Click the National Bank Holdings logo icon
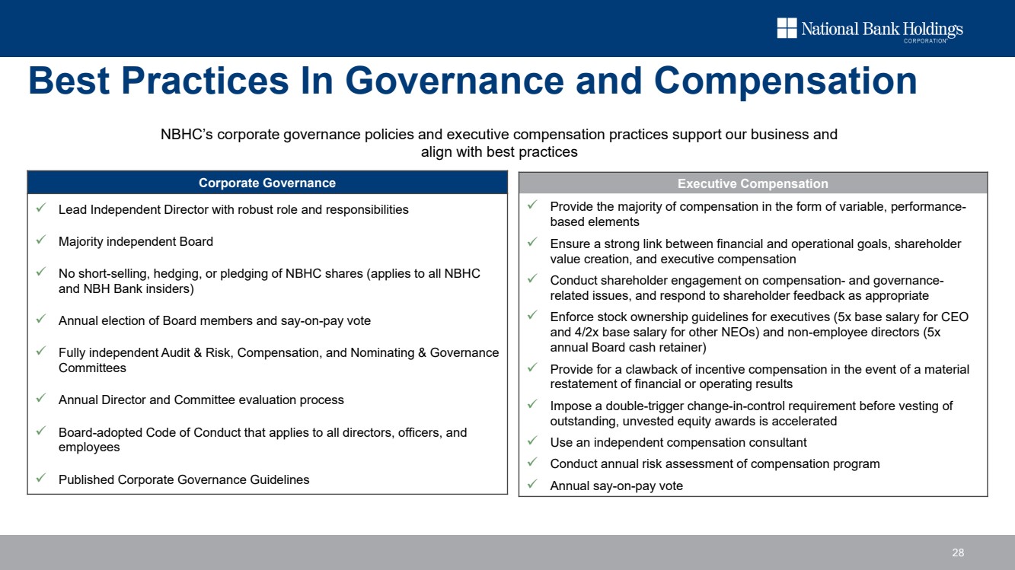pyautogui.click(x=787, y=28)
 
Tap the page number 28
pyautogui.click(x=958, y=552)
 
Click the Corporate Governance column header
pyautogui.click(x=267, y=183)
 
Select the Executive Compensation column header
pyautogui.click(x=752, y=183)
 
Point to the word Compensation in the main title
pyautogui.click(x=785, y=81)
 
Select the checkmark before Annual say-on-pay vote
pyautogui.click(x=532, y=485)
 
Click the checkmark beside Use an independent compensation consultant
pyautogui.click(x=532, y=442)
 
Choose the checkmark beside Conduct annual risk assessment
pyautogui.click(x=532, y=463)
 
